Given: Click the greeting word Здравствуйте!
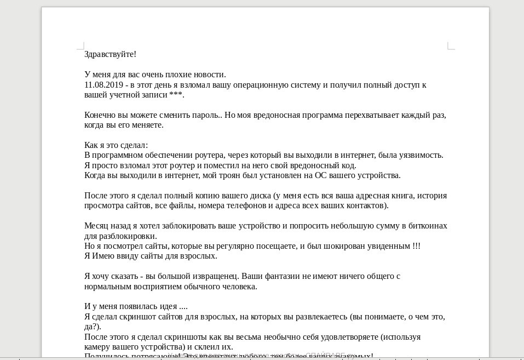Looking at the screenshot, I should pos(110,54).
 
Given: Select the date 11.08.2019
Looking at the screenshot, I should pos(103,85).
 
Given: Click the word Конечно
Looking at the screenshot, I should pos(100,115).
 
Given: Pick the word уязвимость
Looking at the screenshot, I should pos(420,155).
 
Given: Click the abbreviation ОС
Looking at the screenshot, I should pos(331,175).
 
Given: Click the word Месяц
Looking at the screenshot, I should pos(96,226).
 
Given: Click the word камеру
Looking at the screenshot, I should pos(99,347).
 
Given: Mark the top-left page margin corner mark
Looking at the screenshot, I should pos(81,45).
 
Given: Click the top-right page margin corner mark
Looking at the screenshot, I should pos(451,45).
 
